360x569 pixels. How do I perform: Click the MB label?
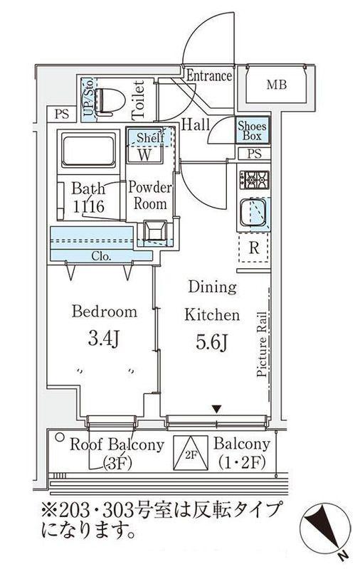[x=277, y=85]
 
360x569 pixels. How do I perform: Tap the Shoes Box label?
[x=253, y=131]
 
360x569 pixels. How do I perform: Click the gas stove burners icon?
[x=254, y=179]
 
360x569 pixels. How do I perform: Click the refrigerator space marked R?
[x=254, y=248]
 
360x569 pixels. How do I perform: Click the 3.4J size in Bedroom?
[x=104, y=339]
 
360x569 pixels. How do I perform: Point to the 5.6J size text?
[x=211, y=341]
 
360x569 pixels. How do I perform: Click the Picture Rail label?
[x=262, y=344]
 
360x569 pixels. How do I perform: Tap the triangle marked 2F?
[x=191, y=453]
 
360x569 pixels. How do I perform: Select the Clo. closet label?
[x=101, y=257]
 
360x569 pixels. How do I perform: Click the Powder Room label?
[x=150, y=196]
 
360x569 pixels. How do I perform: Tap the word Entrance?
[x=209, y=76]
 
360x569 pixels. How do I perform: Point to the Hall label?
[x=196, y=125]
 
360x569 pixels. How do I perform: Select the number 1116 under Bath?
[x=89, y=207]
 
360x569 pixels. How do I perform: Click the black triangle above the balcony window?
[x=217, y=410]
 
